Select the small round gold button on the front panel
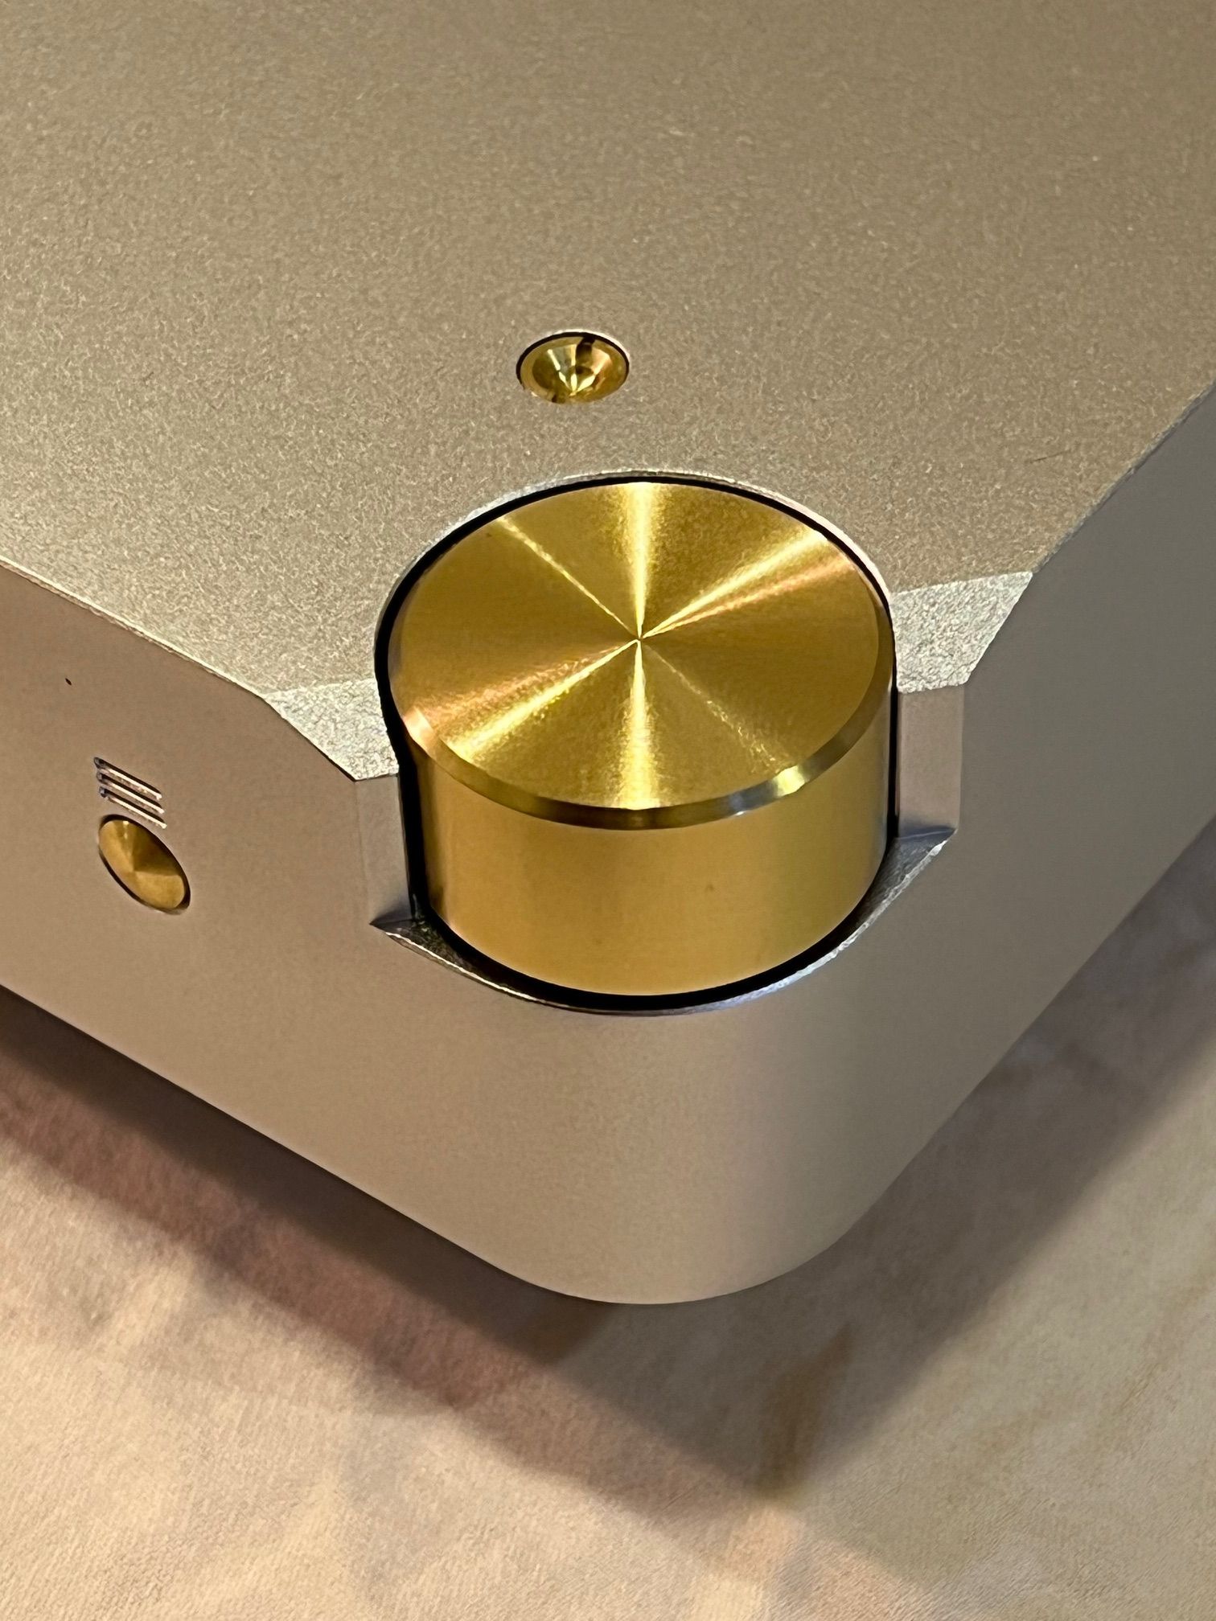point(142,864)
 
